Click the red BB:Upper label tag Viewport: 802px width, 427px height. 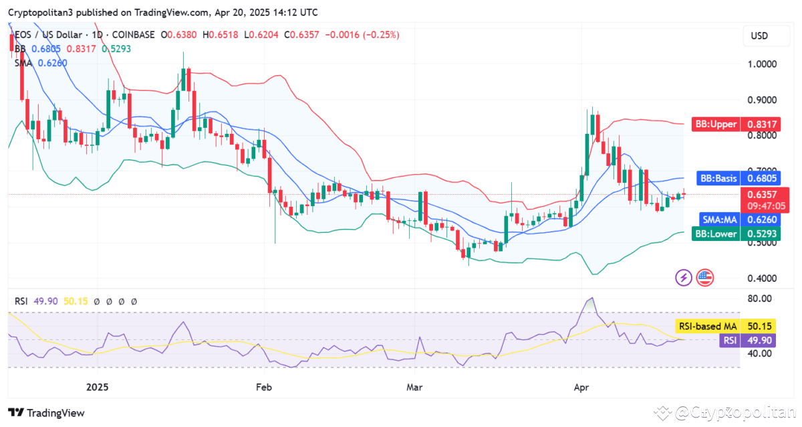click(x=715, y=124)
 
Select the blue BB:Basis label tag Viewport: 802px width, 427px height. click(x=718, y=179)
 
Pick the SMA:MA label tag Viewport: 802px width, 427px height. click(x=719, y=220)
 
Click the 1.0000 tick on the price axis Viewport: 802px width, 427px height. click(x=763, y=64)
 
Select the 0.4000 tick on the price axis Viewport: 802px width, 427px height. click(x=763, y=278)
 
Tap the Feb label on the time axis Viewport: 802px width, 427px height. click(x=263, y=388)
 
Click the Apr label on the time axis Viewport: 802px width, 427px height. click(x=581, y=388)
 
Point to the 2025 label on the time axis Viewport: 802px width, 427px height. click(x=98, y=388)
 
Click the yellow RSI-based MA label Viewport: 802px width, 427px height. click(x=707, y=327)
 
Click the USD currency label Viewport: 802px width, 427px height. click(x=759, y=35)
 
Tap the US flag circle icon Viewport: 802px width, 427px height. click(x=704, y=277)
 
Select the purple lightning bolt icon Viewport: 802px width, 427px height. click(x=684, y=277)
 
